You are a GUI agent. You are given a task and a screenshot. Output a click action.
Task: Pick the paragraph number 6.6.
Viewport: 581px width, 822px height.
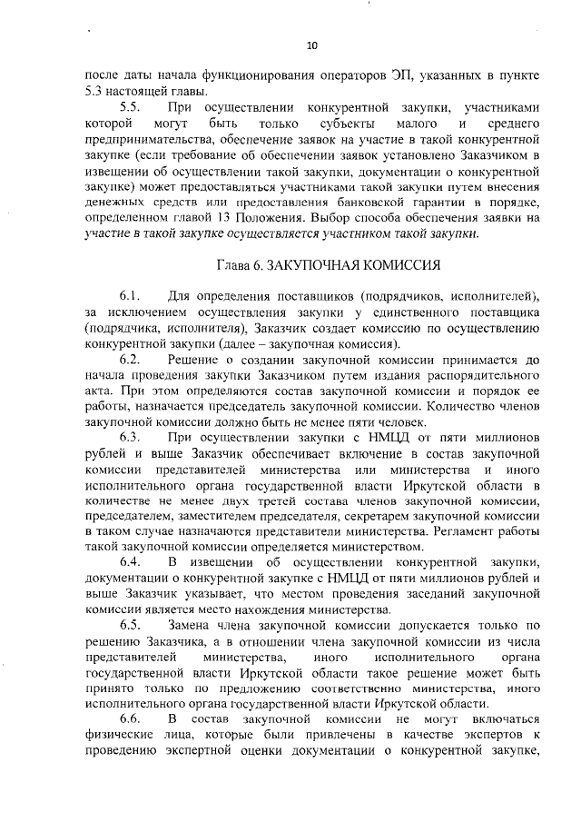pyautogui.click(x=129, y=718)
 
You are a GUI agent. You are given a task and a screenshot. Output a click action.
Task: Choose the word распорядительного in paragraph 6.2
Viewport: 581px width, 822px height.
pyautogui.click(x=486, y=377)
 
